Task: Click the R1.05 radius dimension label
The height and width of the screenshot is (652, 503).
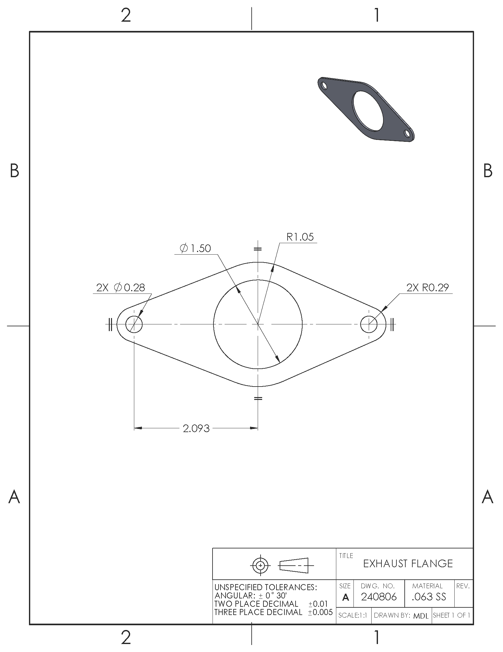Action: (x=300, y=237)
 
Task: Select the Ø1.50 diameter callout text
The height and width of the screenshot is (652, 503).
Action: (x=195, y=248)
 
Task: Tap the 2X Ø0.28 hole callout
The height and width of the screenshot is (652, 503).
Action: (x=121, y=288)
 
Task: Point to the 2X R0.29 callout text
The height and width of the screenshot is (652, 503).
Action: (x=428, y=288)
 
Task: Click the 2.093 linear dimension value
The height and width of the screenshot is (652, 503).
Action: (x=196, y=428)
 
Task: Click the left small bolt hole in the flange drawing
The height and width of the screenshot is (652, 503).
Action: (x=134, y=324)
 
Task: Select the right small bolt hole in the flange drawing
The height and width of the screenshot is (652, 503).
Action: (x=369, y=324)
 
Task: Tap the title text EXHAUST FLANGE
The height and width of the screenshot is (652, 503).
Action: (x=408, y=564)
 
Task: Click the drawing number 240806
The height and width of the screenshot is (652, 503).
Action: (x=379, y=597)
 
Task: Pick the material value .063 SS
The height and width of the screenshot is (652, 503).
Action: (x=429, y=597)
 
